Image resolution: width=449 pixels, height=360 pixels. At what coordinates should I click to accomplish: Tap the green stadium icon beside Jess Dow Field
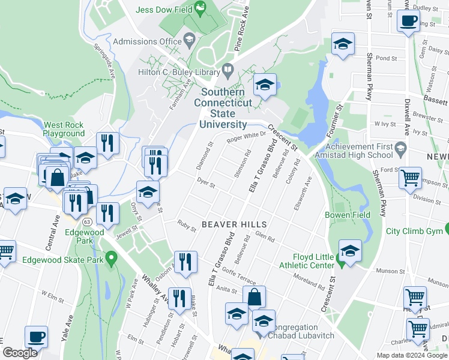[x=201, y=9]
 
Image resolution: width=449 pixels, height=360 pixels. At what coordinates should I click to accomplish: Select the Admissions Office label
[x=147, y=41]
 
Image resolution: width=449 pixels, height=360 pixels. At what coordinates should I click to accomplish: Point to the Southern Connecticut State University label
[x=223, y=108]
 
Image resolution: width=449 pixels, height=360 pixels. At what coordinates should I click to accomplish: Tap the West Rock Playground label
[x=64, y=129]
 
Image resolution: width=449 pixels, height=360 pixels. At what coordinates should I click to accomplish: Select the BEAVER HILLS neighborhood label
[x=234, y=224]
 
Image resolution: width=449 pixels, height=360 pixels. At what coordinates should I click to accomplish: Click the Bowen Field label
[x=347, y=214]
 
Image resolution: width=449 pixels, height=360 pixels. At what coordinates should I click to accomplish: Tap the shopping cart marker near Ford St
[x=410, y=176]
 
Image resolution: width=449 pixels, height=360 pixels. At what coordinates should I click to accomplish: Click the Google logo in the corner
[x=20, y=353]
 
